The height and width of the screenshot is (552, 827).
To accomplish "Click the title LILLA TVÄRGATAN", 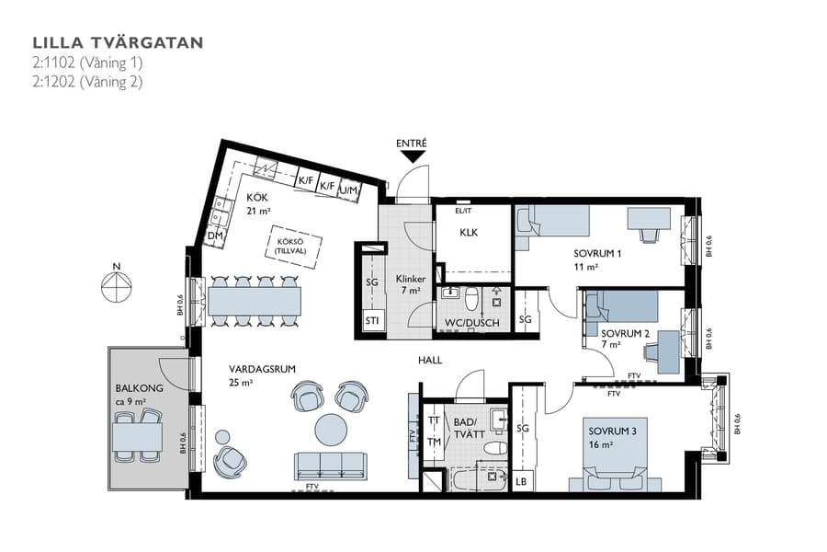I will (118, 42).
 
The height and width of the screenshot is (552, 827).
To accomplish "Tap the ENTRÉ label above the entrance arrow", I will (411, 143).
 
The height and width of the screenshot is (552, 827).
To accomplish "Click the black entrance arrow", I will (411, 157).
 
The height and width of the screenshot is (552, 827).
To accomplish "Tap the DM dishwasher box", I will (215, 237).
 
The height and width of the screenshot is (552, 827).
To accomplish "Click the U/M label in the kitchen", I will (348, 190).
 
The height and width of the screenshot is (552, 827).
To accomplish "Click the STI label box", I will (372, 321).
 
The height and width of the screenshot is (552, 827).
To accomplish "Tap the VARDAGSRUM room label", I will (262, 369).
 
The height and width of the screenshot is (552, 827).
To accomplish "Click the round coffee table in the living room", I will (332, 429).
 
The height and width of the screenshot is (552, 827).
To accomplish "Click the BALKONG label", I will (139, 388).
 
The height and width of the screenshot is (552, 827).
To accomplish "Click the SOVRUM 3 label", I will (612, 431).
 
